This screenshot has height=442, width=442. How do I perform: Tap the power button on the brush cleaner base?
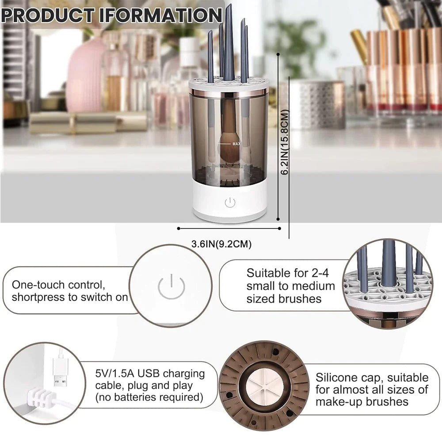tap(229, 203)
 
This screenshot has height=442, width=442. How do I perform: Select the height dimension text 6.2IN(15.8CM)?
tap(286, 142)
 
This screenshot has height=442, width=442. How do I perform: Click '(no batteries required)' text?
tap(149, 398)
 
